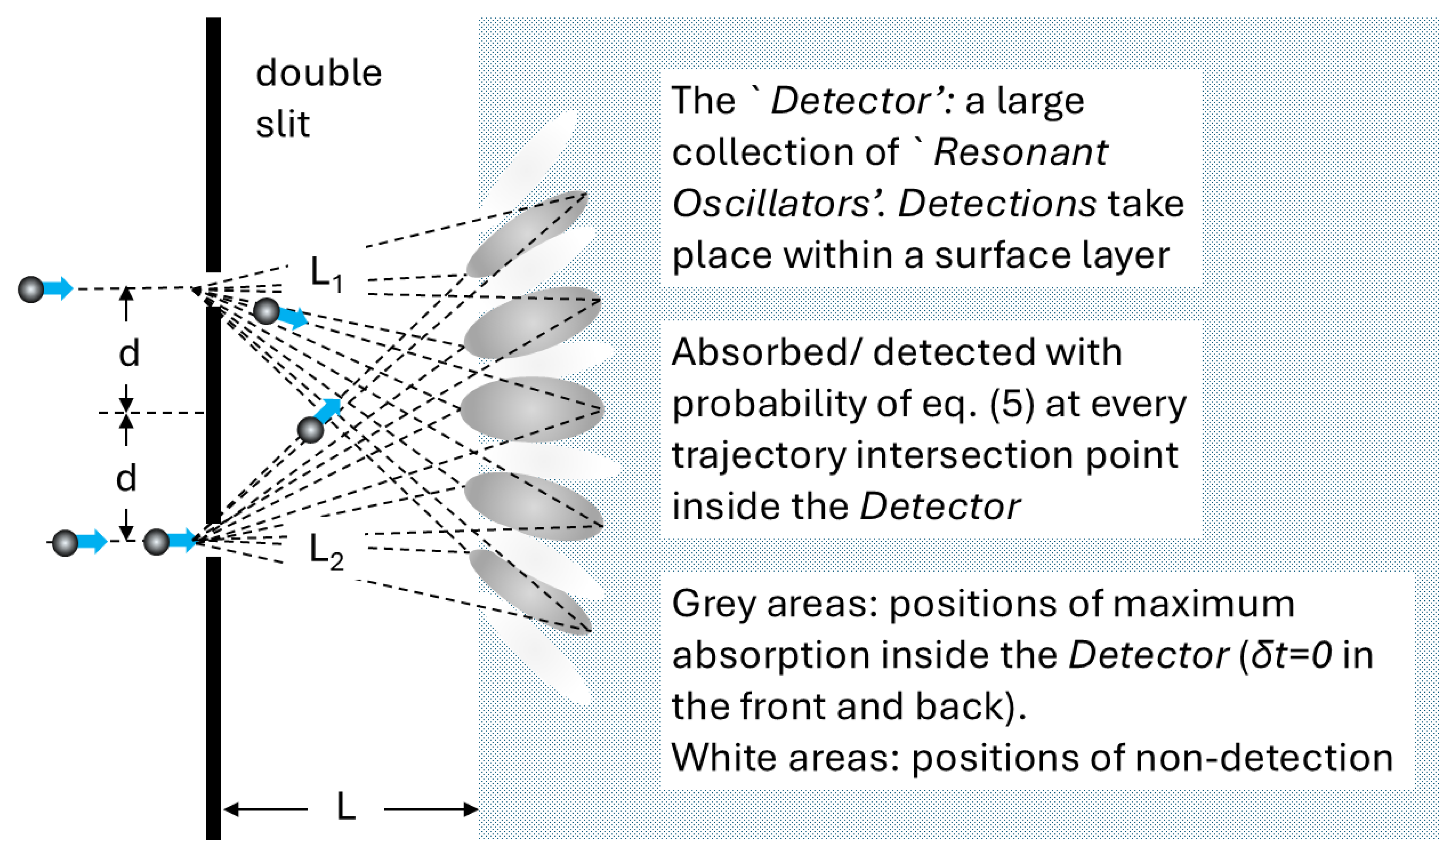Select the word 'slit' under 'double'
[283, 124]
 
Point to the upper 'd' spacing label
[129, 353]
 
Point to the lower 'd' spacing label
[126, 478]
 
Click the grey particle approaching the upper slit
[31, 289]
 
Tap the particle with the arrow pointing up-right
[311, 430]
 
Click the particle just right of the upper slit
[266, 311]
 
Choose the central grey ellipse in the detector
[531, 409]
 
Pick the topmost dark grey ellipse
[527, 233]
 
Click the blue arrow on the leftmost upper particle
[59, 288]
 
